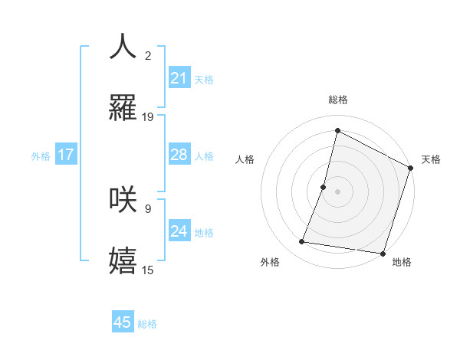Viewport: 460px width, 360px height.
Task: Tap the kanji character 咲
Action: click(123, 198)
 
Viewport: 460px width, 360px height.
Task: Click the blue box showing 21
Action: click(179, 77)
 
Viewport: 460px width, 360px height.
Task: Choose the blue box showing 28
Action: click(179, 155)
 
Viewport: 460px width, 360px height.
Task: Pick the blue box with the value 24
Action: click(179, 231)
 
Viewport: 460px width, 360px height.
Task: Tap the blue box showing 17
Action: click(65, 155)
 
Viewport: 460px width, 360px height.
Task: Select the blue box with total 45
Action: click(123, 322)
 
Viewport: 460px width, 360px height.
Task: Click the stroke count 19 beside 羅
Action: click(148, 117)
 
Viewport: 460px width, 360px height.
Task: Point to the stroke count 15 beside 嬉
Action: click(148, 270)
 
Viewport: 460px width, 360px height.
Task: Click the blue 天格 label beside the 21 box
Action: click(204, 79)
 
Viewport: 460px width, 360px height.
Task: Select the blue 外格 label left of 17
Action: click(41, 155)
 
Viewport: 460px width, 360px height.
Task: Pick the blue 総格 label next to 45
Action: click(147, 324)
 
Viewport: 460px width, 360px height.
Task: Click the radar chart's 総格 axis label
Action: click(337, 100)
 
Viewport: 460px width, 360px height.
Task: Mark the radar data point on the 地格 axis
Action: click(383, 253)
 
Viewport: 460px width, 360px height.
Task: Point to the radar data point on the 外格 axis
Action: click(302, 242)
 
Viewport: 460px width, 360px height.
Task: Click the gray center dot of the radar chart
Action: click(337, 191)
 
